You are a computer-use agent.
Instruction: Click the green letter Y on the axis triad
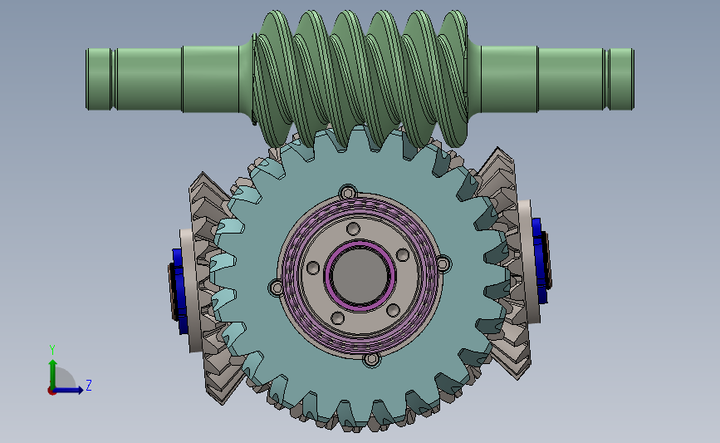point(52,350)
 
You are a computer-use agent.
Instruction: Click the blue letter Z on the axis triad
point(89,385)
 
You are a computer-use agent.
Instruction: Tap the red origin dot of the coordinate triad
point(51,391)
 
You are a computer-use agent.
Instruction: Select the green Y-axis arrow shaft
point(53,374)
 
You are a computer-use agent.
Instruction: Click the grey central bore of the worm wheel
point(360,275)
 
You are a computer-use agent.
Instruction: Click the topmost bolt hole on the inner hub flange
point(353,229)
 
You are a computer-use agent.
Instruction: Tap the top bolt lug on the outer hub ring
point(348,192)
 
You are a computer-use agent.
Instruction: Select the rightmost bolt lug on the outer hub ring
point(443,263)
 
